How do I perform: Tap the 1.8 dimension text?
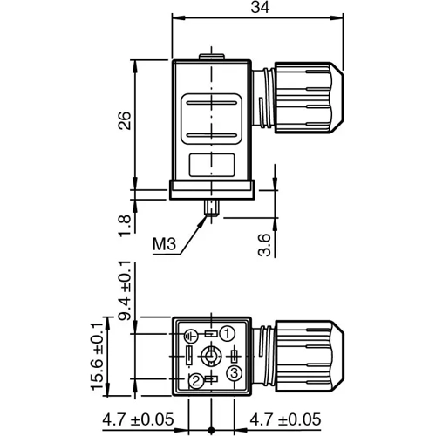click(125, 222)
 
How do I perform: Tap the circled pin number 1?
click(226, 333)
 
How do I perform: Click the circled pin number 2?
click(197, 379)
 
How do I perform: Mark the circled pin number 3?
click(234, 373)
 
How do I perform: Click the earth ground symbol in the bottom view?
click(191, 334)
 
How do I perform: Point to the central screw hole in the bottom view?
click(211, 357)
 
